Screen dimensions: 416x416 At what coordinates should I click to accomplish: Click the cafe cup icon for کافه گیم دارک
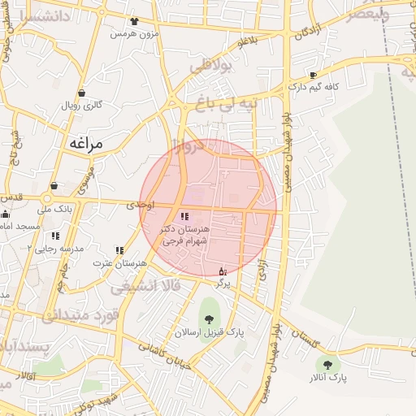point(313,75)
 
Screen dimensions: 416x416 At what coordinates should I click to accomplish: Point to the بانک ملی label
point(57,209)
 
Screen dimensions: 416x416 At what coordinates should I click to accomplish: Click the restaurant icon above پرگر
point(222,271)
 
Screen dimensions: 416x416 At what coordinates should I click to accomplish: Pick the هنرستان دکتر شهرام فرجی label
point(185,236)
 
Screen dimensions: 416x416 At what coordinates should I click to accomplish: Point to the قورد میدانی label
point(81,314)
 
